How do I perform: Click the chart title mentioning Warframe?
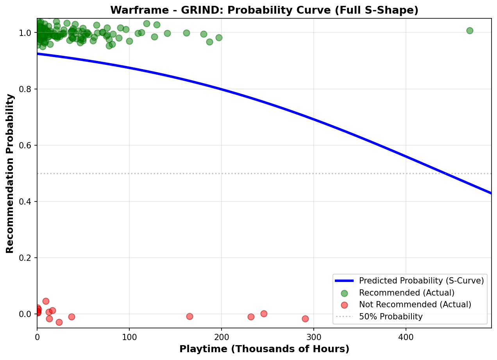pos(264,10)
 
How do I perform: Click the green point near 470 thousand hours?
pos(470,30)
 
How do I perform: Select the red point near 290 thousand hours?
pos(305,319)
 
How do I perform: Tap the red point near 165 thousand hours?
pos(190,316)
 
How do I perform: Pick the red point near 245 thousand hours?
pos(264,314)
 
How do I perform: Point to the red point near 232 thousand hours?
pos(251,317)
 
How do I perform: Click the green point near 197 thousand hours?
pos(219,37)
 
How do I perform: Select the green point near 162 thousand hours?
pos(186,33)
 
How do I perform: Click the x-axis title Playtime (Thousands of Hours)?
pos(264,349)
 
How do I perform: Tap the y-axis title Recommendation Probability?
pos(10,173)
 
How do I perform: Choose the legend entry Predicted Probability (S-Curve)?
pos(421,281)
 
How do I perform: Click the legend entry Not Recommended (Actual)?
pos(415,305)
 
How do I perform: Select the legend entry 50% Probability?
pos(391,317)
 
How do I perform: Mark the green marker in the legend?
pos(344,293)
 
